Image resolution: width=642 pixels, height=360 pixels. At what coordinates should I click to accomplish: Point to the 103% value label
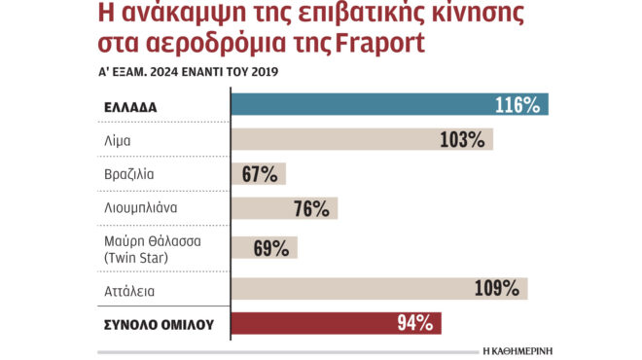[x=461, y=140]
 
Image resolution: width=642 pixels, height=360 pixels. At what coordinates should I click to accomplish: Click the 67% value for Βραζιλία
[x=258, y=175]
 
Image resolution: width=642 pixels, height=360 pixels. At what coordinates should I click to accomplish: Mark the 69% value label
[x=270, y=248]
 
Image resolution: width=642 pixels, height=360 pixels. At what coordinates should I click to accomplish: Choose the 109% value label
[x=496, y=288]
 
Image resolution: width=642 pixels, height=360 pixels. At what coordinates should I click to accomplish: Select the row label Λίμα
[x=117, y=140]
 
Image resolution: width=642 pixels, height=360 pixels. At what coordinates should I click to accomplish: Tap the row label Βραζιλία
[x=128, y=175]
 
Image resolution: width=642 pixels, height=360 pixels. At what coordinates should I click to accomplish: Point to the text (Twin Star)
[x=135, y=257]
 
